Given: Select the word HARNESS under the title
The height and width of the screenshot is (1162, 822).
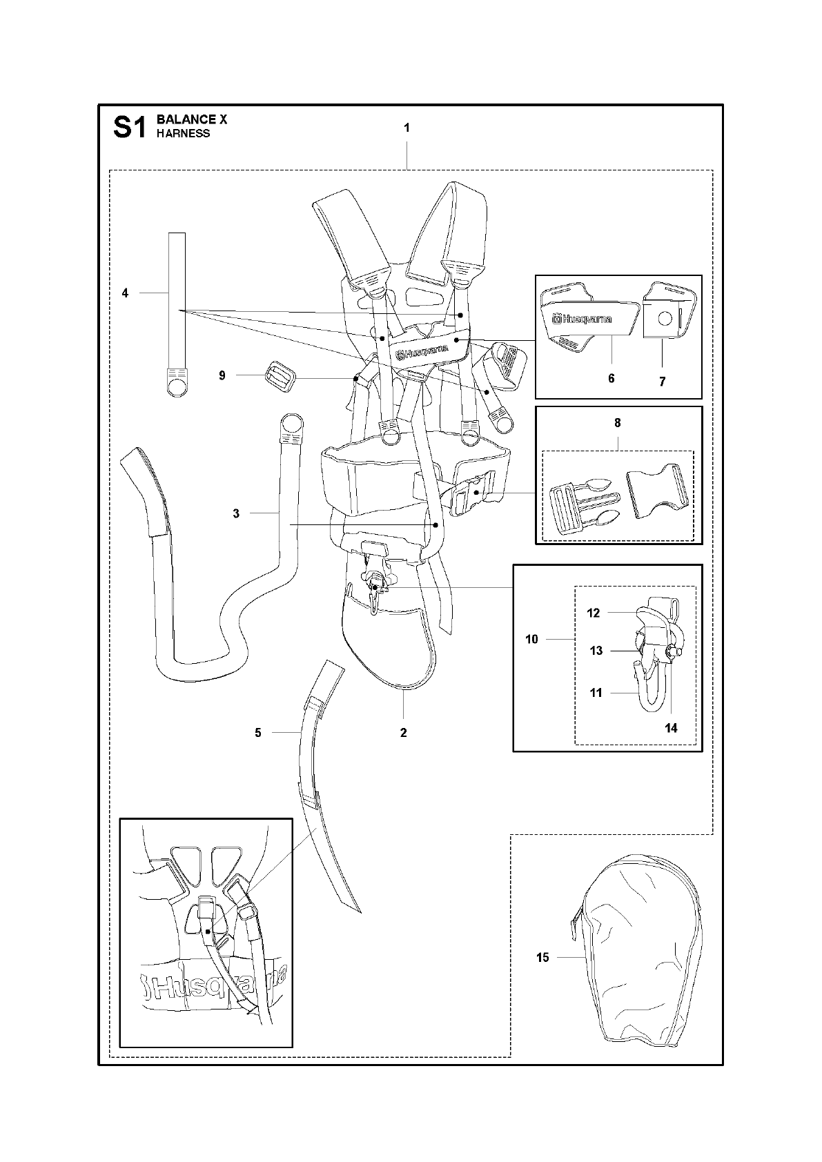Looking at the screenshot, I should pyautogui.click(x=183, y=133).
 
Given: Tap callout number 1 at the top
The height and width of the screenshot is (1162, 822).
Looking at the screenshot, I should pyautogui.click(x=407, y=128).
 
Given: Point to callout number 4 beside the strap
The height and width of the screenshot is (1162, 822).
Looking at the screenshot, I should pyautogui.click(x=125, y=293).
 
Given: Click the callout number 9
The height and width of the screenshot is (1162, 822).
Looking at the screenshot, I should pyautogui.click(x=222, y=375).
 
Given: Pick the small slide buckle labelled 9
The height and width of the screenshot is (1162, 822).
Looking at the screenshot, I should pyautogui.click(x=279, y=377).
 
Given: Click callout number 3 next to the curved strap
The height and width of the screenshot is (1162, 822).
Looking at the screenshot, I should pyautogui.click(x=236, y=513).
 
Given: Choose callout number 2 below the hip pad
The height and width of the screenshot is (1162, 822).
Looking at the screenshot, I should pyautogui.click(x=404, y=732).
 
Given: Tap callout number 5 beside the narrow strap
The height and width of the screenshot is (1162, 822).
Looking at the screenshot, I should pyautogui.click(x=258, y=732).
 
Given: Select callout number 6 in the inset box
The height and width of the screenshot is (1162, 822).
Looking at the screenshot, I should pyautogui.click(x=611, y=378).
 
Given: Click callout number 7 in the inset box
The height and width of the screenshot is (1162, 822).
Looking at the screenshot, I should pyautogui.click(x=663, y=382).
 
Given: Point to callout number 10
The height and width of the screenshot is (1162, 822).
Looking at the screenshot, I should pyautogui.click(x=531, y=640).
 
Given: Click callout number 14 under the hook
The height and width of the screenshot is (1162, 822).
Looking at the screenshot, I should pyautogui.click(x=671, y=727).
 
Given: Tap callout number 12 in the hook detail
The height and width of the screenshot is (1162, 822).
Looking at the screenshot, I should pyautogui.click(x=594, y=613).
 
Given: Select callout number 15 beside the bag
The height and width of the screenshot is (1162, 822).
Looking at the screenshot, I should pyautogui.click(x=542, y=957).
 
